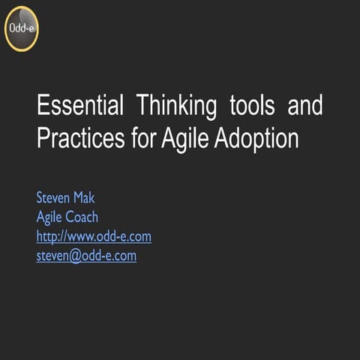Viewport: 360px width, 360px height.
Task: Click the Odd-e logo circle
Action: (21, 28)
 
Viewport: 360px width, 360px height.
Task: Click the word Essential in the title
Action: (80, 106)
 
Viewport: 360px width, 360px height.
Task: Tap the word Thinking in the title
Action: (175, 106)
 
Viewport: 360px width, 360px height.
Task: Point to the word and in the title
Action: (305, 106)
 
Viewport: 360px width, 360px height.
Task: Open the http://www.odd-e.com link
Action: (94, 237)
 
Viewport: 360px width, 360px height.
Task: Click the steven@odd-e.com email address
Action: (86, 256)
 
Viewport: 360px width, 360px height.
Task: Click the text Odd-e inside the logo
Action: (21, 28)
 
